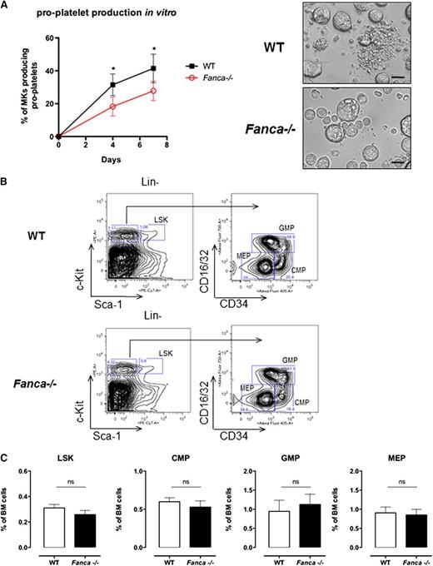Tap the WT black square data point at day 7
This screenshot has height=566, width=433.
point(152,68)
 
